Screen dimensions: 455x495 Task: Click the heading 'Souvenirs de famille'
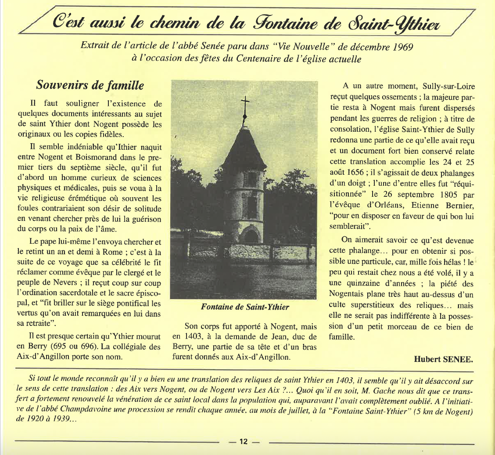click(90, 85)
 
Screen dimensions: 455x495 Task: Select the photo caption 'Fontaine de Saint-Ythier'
click(245, 307)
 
